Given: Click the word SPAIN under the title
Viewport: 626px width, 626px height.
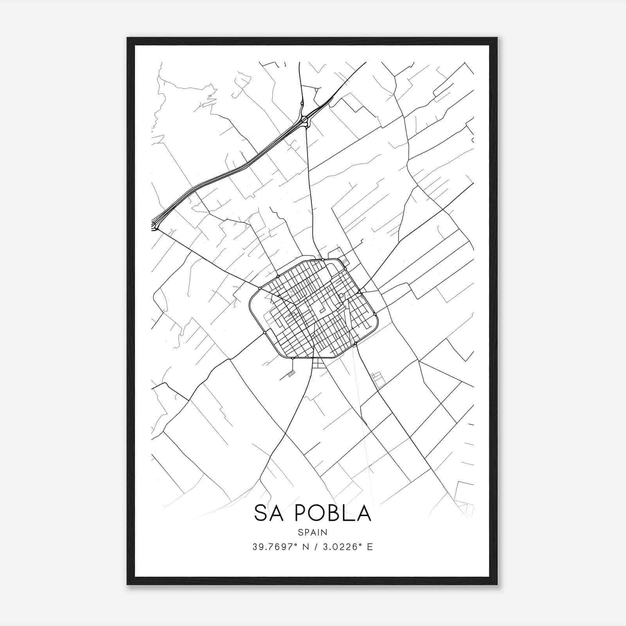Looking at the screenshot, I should click(x=313, y=532).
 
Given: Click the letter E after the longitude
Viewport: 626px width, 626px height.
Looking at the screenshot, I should click(x=370, y=547).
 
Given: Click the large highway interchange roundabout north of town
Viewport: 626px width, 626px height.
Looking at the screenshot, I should click(x=305, y=119).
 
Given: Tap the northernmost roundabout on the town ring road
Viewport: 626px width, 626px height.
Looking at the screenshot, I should click(x=322, y=259).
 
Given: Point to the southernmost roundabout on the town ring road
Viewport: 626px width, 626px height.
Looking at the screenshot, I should click(x=293, y=358).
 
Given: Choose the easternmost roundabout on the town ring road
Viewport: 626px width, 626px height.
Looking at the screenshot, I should click(x=375, y=314).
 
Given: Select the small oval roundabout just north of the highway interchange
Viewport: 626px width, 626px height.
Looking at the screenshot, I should click(x=302, y=104).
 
